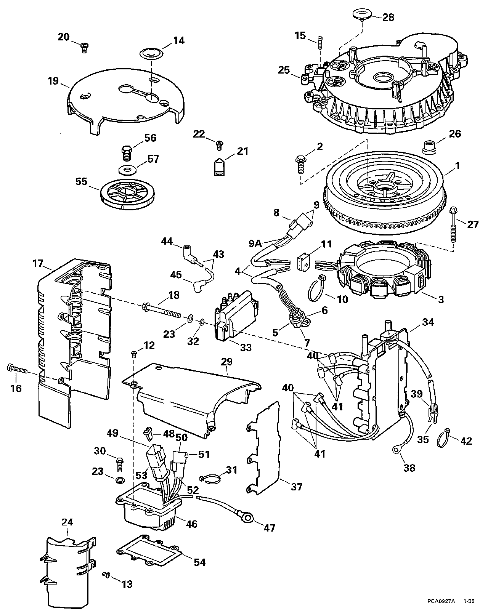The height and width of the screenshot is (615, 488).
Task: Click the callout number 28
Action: pyautogui.click(x=388, y=18)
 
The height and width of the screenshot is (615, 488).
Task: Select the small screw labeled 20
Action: pyautogui.click(x=84, y=47)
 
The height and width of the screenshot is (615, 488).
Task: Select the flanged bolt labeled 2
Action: pyautogui.click(x=301, y=164)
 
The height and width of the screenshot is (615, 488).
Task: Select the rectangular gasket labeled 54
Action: pyautogui.click(x=150, y=550)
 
